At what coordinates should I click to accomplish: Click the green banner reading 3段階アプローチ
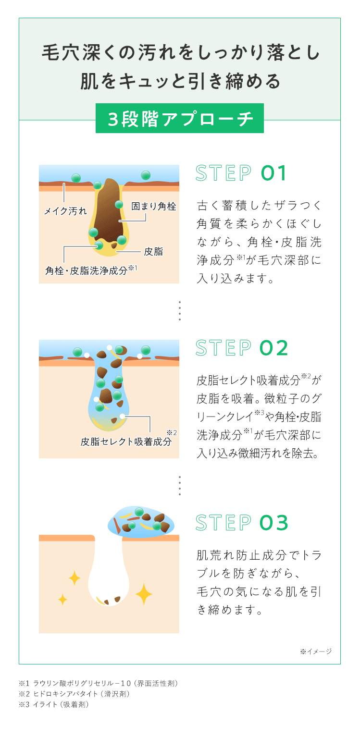click(179, 118)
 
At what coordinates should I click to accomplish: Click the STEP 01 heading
click(241, 173)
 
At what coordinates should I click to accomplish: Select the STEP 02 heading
click(242, 348)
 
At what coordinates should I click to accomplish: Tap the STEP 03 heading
click(242, 523)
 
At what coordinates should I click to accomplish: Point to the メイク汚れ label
click(65, 211)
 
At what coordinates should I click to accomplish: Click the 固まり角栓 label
click(153, 207)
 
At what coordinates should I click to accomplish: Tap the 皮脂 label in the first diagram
click(153, 252)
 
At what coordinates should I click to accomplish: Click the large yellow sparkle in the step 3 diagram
click(144, 594)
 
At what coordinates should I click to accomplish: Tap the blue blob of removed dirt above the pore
click(141, 522)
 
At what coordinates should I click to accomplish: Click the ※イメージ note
click(316, 651)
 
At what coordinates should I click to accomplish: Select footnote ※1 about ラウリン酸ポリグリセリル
click(99, 684)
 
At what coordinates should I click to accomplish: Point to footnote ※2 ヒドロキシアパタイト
click(74, 694)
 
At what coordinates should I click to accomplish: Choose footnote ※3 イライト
click(54, 704)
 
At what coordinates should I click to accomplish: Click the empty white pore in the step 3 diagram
click(109, 572)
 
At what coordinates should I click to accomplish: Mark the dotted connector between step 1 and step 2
click(179, 310)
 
